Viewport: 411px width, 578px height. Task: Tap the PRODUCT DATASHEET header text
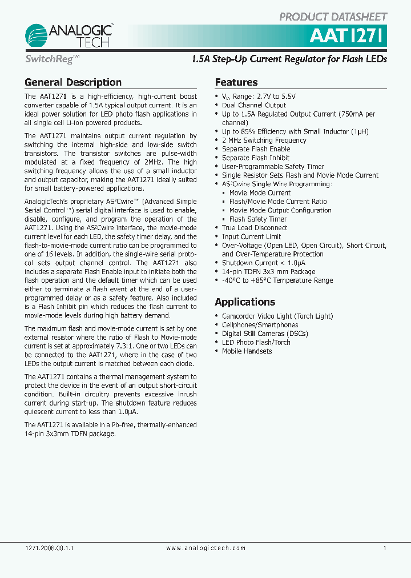tap(333, 17)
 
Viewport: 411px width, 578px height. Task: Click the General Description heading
tap(73, 82)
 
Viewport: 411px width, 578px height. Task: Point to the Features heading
tap(236, 82)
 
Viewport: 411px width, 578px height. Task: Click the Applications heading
tap(245, 302)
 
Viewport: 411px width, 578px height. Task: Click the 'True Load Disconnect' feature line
tap(255, 228)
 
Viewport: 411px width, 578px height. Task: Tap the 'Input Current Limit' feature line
tap(251, 236)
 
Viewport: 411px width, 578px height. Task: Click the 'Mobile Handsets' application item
tap(247, 351)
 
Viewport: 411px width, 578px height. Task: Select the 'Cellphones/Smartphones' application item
tap(260, 325)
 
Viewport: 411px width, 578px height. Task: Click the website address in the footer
tap(205, 548)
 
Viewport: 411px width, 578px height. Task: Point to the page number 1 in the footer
tap(385, 548)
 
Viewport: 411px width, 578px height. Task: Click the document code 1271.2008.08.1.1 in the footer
tap(50, 548)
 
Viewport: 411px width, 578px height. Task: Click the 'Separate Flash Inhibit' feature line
tap(256, 158)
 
